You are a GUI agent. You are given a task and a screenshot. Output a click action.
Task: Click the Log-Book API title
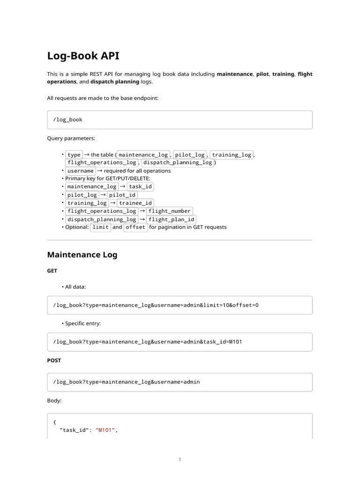click(x=83, y=56)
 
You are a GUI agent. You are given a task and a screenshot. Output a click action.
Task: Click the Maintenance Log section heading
click(x=82, y=255)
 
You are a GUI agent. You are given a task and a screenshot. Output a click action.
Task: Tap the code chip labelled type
click(x=74, y=155)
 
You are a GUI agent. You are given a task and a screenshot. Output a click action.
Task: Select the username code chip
click(x=80, y=171)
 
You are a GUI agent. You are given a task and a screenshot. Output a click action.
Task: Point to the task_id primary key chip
click(x=141, y=187)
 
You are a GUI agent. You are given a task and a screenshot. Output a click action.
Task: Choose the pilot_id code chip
click(x=122, y=195)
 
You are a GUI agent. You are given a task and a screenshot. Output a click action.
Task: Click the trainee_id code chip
click(x=135, y=203)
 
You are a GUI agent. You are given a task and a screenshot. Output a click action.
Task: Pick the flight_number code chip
click(x=169, y=211)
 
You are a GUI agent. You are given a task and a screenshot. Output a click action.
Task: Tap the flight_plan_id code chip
click(x=171, y=219)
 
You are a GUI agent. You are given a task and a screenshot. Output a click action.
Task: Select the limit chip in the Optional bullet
click(x=101, y=227)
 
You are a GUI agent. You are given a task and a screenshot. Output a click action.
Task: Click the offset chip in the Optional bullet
click(x=135, y=227)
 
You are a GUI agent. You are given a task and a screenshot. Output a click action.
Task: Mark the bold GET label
click(x=52, y=271)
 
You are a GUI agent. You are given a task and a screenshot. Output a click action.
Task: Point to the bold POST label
click(x=54, y=360)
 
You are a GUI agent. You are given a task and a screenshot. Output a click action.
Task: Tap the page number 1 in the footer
click(x=180, y=459)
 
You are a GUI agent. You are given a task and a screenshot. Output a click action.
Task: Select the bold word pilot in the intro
click(x=262, y=74)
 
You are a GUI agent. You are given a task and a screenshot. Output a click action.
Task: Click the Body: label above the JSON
click(x=54, y=401)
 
